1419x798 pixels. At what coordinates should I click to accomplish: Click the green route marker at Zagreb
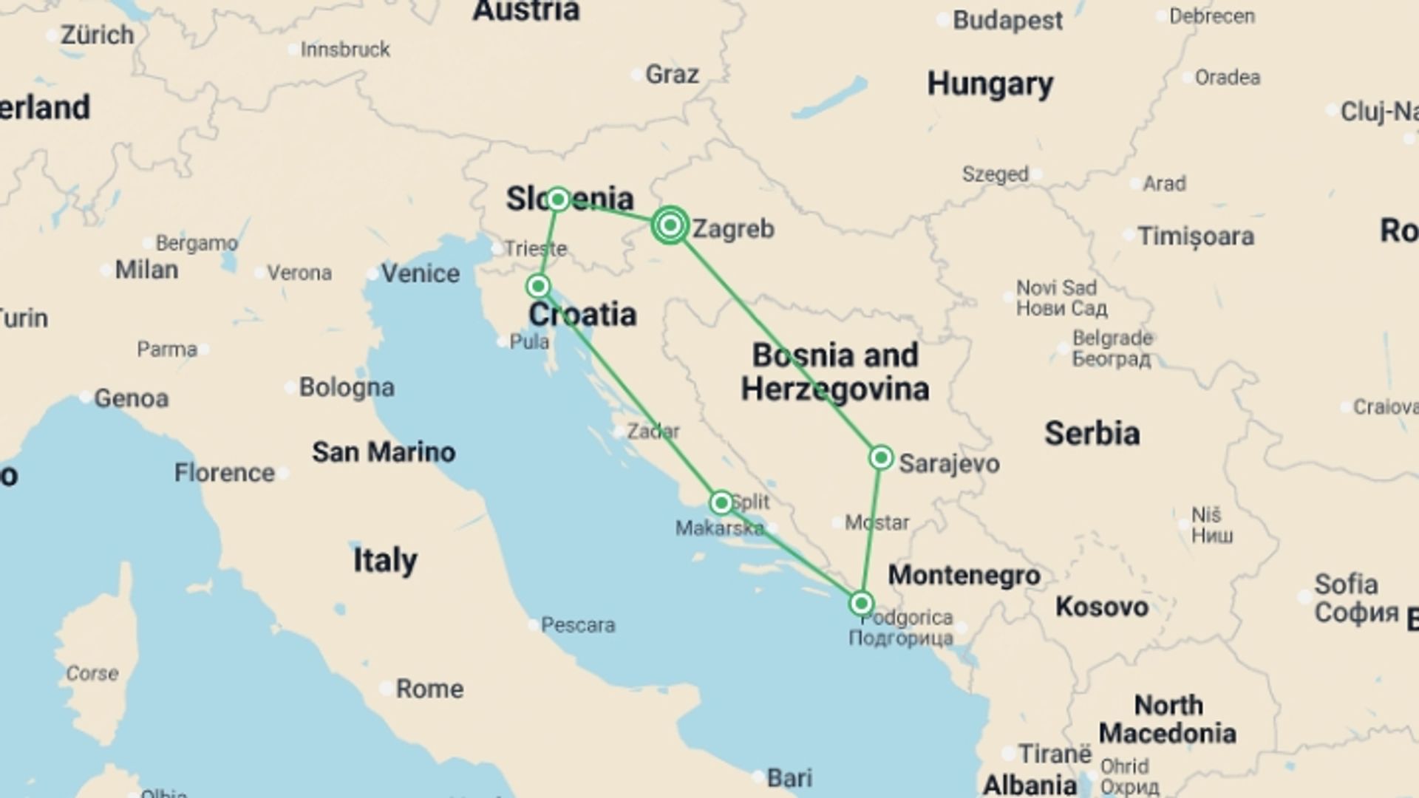tap(670, 225)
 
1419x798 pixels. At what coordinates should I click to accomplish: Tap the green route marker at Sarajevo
tap(880, 458)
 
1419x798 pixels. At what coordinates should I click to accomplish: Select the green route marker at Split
tap(721, 503)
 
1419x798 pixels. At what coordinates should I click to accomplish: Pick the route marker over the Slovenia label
tap(558, 199)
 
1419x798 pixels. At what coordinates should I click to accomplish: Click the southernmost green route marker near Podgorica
tap(860, 604)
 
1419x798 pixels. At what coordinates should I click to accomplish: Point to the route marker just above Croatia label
tap(538, 286)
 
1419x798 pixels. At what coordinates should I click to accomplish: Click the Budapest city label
tap(1007, 21)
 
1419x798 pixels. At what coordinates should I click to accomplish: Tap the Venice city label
tap(420, 273)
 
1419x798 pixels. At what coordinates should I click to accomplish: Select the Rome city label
tap(429, 689)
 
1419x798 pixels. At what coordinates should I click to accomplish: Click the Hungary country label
tap(990, 84)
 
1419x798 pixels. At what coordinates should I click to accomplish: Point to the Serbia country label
tap(1092, 433)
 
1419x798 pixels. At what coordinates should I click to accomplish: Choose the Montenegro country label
tap(964, 575)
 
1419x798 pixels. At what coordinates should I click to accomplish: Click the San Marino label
tap(383, 451)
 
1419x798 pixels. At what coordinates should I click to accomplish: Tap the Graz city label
tap(671, 74)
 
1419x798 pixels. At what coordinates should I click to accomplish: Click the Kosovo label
tap(1101, 607)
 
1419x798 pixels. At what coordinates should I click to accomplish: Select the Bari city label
tap(789, 777)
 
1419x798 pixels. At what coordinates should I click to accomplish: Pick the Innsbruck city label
tap(344, 50)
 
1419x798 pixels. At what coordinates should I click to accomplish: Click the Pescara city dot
tap(533, 625)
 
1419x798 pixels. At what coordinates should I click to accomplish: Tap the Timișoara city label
tap(1195, 236)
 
